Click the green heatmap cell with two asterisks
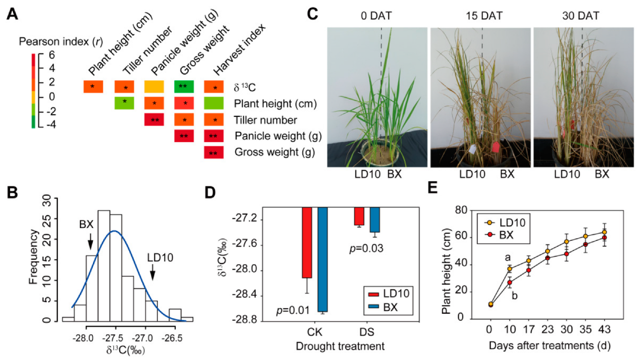pyautogui.click(x=184, y=86)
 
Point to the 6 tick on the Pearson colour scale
pyautogui.click(x=52, y=54)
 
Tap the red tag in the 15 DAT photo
pyautogui.click(x=495, y=148)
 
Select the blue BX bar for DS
pyautogui.click(x=374, y=219)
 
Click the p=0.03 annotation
pyautogui.click(x=363, y=249)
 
